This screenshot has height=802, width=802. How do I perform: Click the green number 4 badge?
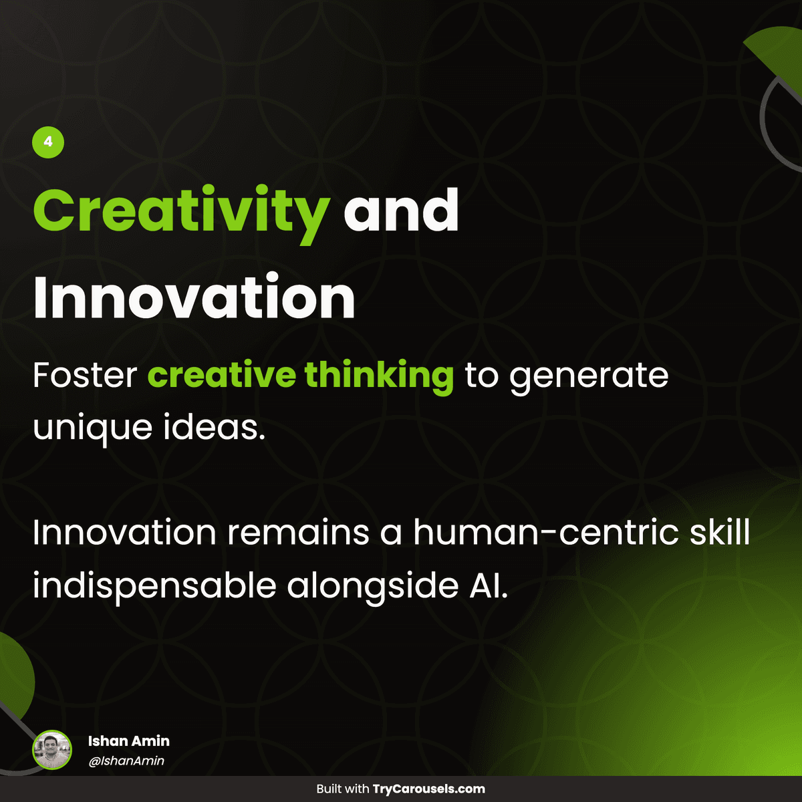(48, 142)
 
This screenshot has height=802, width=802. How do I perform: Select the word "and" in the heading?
(401, 210)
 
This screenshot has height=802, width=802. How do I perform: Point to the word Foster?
(85, 376)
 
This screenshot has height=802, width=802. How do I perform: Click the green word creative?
(221, 376)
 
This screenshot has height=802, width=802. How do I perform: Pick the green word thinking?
(380, 376)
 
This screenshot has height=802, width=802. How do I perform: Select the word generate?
(589, 377)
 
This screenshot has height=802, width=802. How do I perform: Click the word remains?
(298, 533)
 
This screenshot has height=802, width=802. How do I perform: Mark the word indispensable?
(154, 586)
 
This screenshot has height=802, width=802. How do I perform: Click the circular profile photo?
(52, 750)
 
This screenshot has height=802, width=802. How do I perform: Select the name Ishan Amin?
(129, 741)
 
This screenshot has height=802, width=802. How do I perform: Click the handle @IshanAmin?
(126, 761)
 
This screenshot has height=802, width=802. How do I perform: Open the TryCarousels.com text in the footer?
(428, 789)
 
